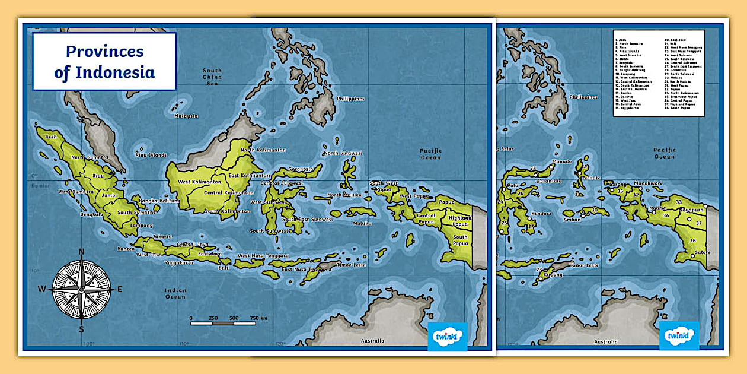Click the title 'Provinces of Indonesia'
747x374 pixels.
[104, 62]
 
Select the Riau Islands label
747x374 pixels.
[151, 155]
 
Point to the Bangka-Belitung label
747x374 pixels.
[159, 201]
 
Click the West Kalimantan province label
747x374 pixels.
[200, 182]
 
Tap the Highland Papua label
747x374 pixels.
[459, 221]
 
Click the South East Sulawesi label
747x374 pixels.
[307, 219]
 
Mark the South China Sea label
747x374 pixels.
[212, 77]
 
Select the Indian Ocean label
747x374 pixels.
[175, 293]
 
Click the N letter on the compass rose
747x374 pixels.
[82, 251]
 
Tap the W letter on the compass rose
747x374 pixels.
[42, 290]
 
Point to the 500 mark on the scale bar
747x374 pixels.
[234, 318]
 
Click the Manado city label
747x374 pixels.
[561, 161]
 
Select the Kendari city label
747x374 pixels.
[541, 213]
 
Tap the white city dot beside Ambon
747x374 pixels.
[582, 215]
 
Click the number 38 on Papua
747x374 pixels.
[692, 240]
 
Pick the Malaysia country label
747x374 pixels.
[186, 116]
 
